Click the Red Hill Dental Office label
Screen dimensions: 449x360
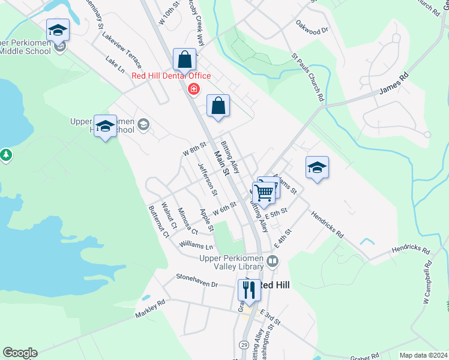[171, 76]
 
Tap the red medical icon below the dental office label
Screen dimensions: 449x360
[193, 89]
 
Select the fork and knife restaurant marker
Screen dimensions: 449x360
[248, 290]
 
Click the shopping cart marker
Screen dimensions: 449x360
[264, 192]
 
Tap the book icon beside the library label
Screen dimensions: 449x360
[273, 261]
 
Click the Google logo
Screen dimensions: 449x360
[20, 353]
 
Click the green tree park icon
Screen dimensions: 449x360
[6, 155]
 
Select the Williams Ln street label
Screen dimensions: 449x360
[196, 245]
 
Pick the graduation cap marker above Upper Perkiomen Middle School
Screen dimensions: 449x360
[58, 29]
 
